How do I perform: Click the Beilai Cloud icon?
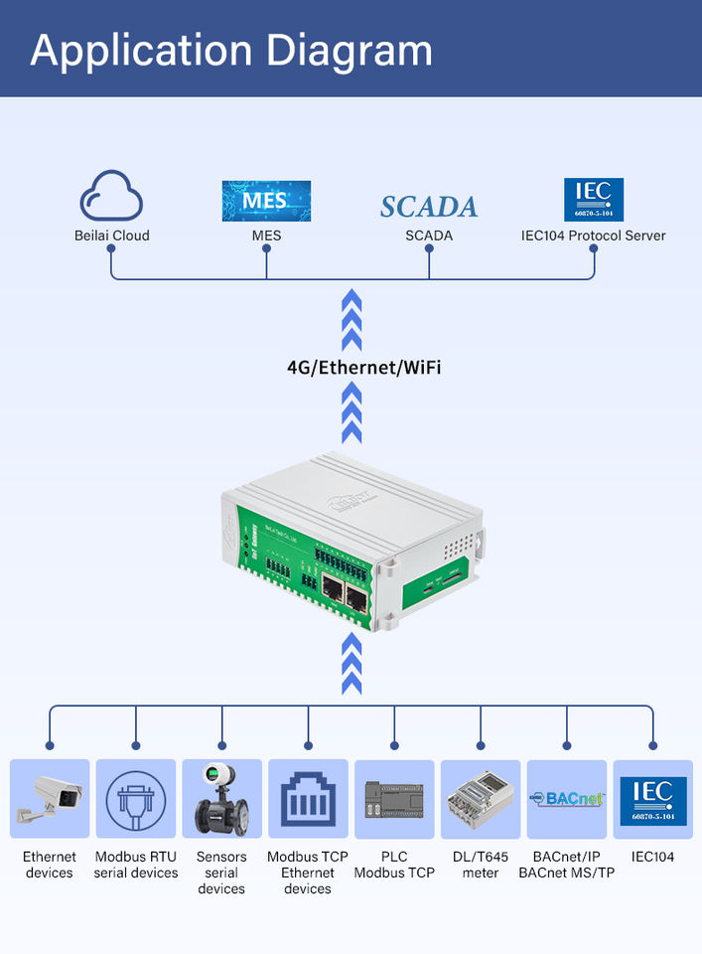pyautogui.click(x=111, y=197)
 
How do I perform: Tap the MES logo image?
pyautogui.click(x=266, y=201)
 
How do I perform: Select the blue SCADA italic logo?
pyautogui.click(x=429, y=206)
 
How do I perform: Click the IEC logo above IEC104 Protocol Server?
pyautogui.click(x=594, y=200)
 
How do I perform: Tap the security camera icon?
pyautogui.click(x=50, y=799)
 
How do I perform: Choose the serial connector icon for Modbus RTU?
pyautogui.click(x=136, y=799)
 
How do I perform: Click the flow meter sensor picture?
pyautogui.click(x=221, y=799)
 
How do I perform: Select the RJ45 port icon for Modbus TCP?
pyautogui.click(x=308, y=799)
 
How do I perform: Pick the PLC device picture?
pyautogui.click(x=394, y=799)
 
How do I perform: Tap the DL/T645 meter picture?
pyautogui.click(x=481, y=799)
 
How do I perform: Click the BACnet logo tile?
pyautogui.click(x=567, y=799)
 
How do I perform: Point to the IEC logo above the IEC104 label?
pyautogui.click(x=653, y=799)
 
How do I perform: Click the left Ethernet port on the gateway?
pyautogui.click(x=332, y=592)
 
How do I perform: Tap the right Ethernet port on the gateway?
pyautogui.click(x=355, y=597)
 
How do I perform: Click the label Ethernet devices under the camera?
pyautogui.click(x=50, y=865)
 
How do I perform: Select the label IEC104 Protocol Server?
pyautogui.click(x=594, y=236)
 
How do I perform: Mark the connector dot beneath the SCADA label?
pyautogui.click(x=429, y=249)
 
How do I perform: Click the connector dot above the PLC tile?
pyautogui.click(x=394, y=744)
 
